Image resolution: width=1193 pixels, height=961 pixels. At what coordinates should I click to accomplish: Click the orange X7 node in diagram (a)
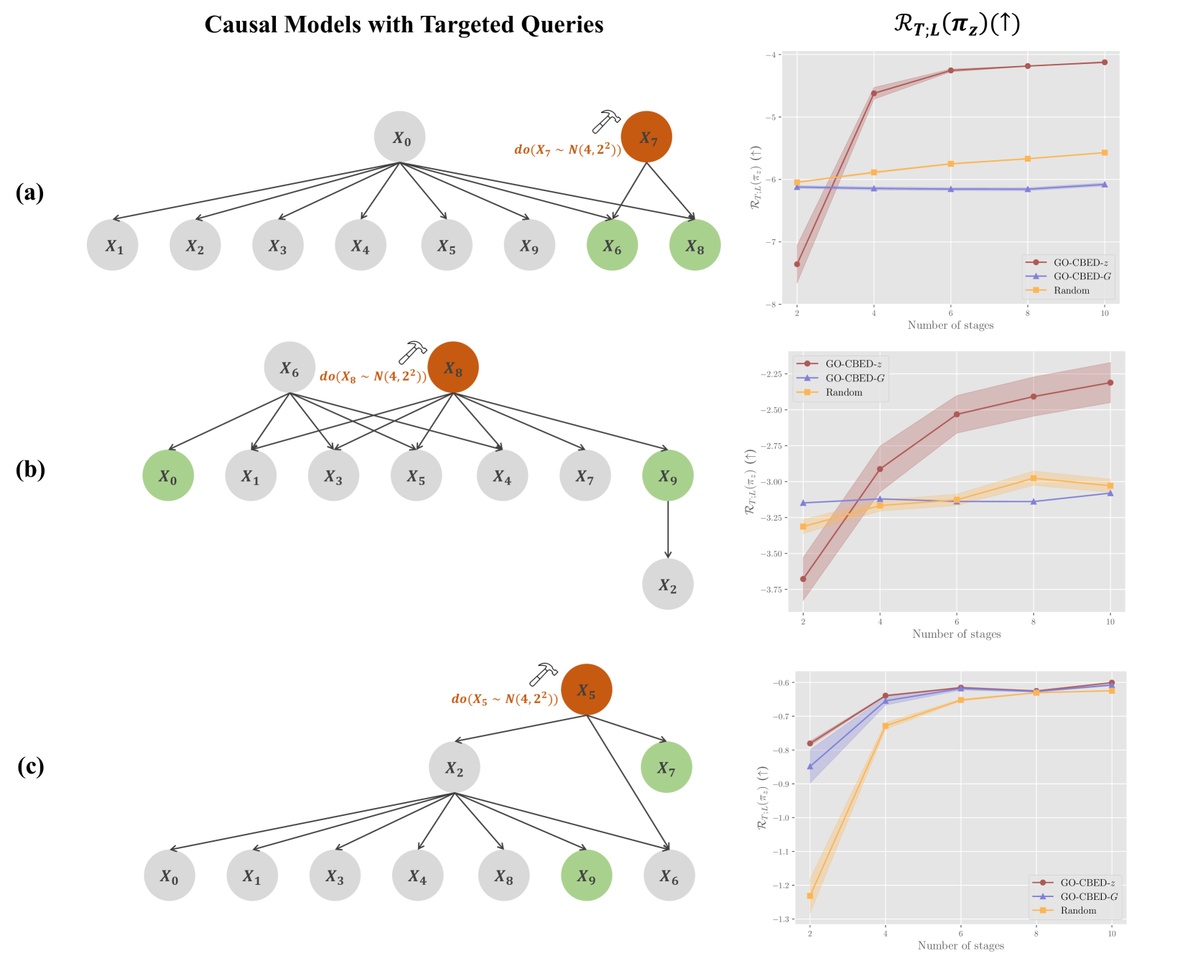pos(646,137)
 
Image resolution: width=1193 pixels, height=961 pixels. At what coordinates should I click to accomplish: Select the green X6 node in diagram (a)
pos(612,246)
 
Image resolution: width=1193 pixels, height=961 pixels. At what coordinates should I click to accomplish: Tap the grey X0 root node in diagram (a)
pos(400,137)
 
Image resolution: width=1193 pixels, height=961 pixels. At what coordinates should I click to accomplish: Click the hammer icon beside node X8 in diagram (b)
pos(412,352)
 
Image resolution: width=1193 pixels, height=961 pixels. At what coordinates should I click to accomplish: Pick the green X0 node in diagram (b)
pos(168,475)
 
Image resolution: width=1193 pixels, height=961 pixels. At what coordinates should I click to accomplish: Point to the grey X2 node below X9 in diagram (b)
pos(668,585)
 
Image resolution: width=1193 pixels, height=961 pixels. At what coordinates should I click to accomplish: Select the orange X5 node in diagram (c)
pos(586,690)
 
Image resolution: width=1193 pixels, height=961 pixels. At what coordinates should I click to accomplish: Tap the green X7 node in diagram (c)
pos(667,768)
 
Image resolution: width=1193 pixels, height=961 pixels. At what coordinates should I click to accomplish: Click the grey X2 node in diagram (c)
pos(454,768)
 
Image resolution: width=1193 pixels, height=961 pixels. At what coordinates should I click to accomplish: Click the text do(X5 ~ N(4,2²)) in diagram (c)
pos(504,699)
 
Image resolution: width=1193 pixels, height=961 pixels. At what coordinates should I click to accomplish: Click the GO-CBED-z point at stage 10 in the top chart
pos(1105,62)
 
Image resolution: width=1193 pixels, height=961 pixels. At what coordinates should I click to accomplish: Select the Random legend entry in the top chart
pos(1070,290)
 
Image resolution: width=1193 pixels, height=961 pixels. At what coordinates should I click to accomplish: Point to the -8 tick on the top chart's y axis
pos(772,305)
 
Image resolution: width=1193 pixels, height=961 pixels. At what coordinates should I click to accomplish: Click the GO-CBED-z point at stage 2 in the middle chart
pos(803,579)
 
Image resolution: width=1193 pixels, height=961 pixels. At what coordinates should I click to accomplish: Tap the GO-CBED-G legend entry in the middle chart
pos(854,378)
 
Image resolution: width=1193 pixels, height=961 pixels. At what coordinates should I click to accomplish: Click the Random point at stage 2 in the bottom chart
pos(810,896)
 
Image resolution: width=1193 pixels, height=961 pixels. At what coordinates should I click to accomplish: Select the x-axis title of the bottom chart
pos(960,945)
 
